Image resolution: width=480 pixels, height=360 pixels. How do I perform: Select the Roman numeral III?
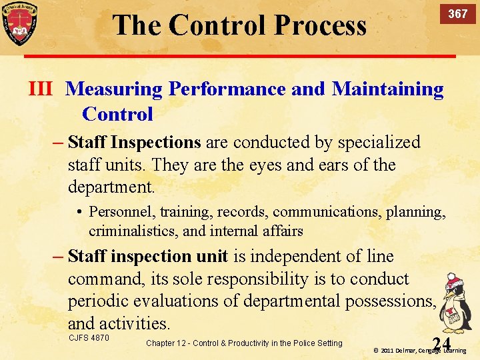pos(40,89)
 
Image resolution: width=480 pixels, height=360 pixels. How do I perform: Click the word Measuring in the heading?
pos(114,89)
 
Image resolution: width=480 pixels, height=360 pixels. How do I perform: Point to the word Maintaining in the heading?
pos(387,89)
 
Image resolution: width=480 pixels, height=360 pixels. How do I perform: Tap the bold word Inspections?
pos(156,142)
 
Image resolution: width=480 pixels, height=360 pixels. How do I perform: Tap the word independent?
pos(311,256)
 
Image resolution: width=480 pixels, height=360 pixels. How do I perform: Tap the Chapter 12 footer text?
pos(243,343)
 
